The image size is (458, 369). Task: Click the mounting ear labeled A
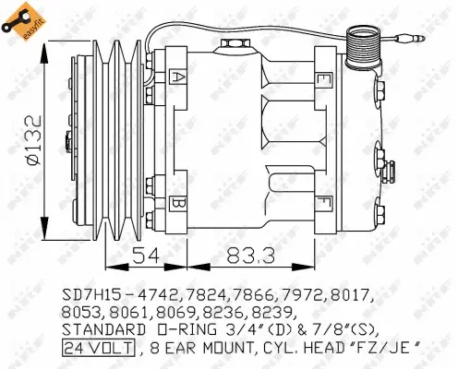coord(179,77)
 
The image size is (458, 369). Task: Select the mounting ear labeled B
coord(179,201)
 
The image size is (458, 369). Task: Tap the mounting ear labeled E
coord(322,79)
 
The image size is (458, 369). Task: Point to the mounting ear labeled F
coord(322,200)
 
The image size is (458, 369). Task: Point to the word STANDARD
coord(102,329)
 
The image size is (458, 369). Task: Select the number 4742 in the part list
coord(159,295)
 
